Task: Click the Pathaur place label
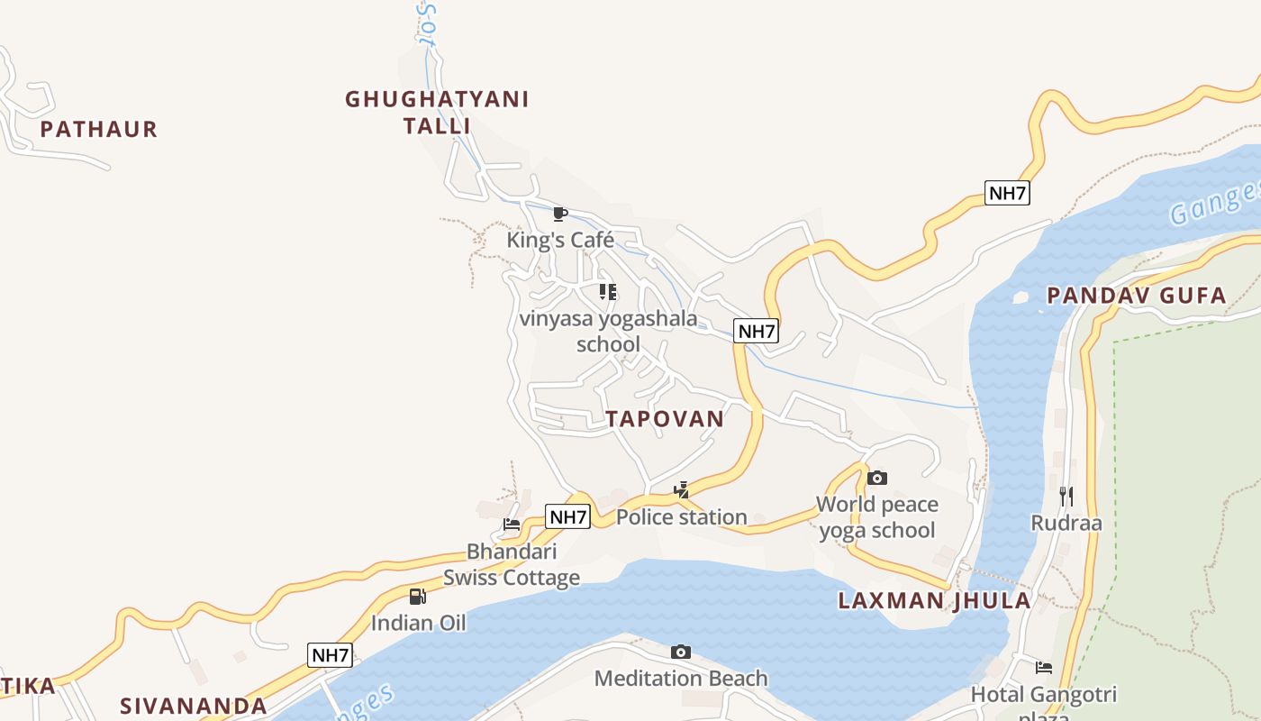(99, 130)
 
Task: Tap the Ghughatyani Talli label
(437, 112)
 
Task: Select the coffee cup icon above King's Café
(559, 214)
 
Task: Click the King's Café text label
(560, 240)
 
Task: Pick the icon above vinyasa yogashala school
(608, 291)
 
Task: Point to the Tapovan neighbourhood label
(665, 418)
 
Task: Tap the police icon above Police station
(682, 490)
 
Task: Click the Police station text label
(682, 517)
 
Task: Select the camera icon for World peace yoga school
(877, 478)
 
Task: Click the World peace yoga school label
(877, 517)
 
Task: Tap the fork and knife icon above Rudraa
(1066, 496)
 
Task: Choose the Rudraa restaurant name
(1066, 524)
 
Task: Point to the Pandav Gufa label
(1137, 296)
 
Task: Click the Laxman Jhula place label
(935, 601)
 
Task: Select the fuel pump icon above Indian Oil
(418, 596)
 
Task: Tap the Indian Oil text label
(419, 623)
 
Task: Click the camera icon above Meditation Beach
(681, 652)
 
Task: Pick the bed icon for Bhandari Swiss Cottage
(512, 525)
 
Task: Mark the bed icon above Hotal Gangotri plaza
(1044, 668)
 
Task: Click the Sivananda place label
(194, 706)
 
